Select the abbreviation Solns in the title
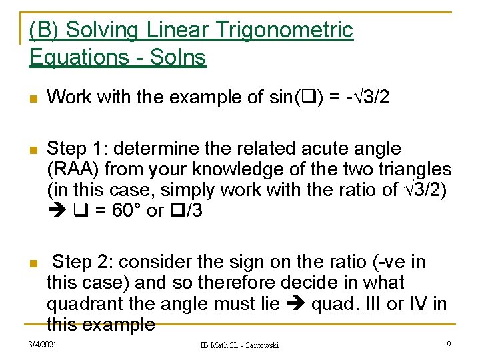(177, 58)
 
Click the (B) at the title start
(45, 30)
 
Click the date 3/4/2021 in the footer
(43, 344)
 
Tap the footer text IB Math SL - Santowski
(241, 345)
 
